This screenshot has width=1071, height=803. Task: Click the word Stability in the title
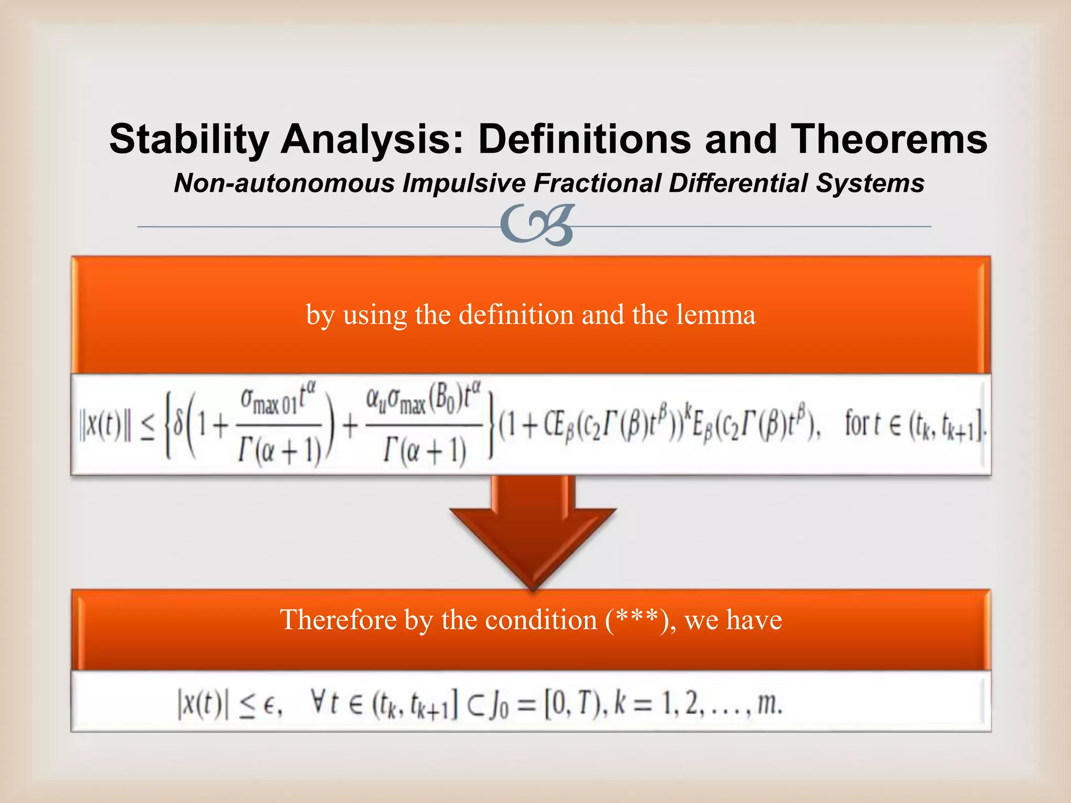(189, 140)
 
